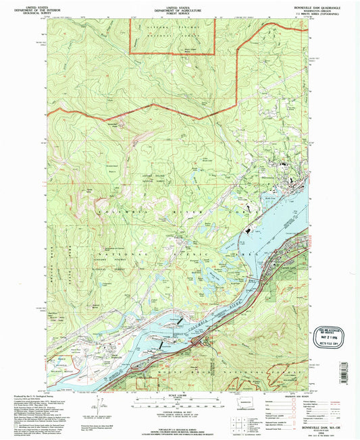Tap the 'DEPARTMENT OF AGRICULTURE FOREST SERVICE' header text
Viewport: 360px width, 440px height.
click(x=180, y=9)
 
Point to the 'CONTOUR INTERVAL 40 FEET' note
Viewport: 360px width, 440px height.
click(x=180, y=412)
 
